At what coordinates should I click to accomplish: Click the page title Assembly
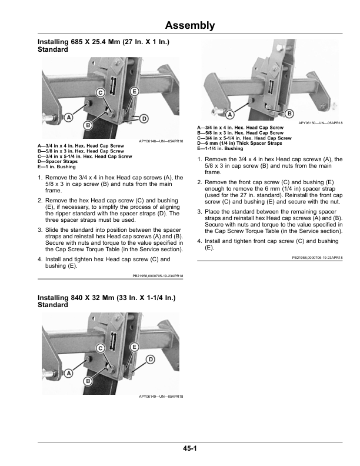point(189,25)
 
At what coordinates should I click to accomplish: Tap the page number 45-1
point(189,450)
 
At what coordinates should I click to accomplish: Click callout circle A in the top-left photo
point(68,117)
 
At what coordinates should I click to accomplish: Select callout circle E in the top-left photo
point(134,92)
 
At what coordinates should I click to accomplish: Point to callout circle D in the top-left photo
point(143,119)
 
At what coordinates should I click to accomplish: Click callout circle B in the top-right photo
point(289,112)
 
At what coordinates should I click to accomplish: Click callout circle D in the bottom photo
point(150,359)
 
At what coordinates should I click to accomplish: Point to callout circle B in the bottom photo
point(88,381)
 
